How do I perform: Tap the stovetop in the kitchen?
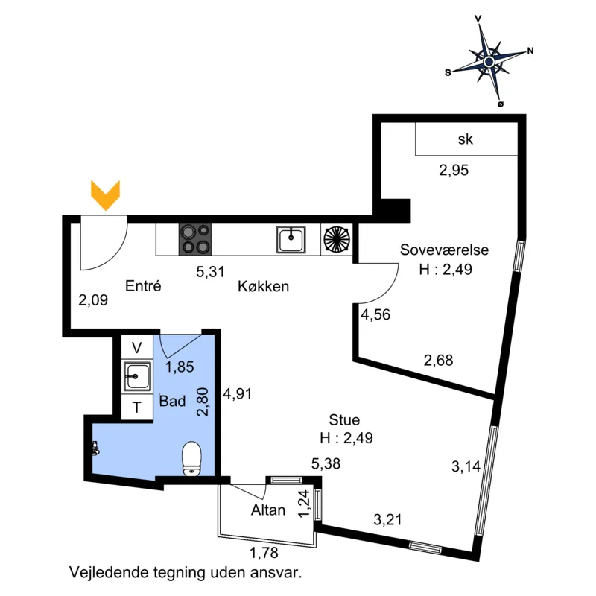(x=195, y=239)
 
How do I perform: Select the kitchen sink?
(x=291, y=239)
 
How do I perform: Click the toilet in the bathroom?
(x=191, y=459)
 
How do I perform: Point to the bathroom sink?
(x=137, y=376)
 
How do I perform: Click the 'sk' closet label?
(x=465, y=139)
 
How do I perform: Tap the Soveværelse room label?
(x=444, y=250)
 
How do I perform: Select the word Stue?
(x=344, y=419)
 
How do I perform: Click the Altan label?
(x=268, y=510)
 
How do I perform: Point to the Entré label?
(x=143, y=286)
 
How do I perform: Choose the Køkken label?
(x=264, y=286)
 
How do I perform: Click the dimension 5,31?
(x=211, y=272)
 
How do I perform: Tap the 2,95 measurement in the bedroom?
(x=454, y=171)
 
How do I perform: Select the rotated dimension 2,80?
(x=203, y=402)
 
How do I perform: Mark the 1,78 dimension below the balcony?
(x=264, y=553)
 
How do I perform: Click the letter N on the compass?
(x=530, y=51)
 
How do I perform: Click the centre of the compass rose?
(x=489, y=61)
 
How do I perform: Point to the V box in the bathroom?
(x=137, y=347)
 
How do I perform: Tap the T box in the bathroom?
(x=137, y=407)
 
